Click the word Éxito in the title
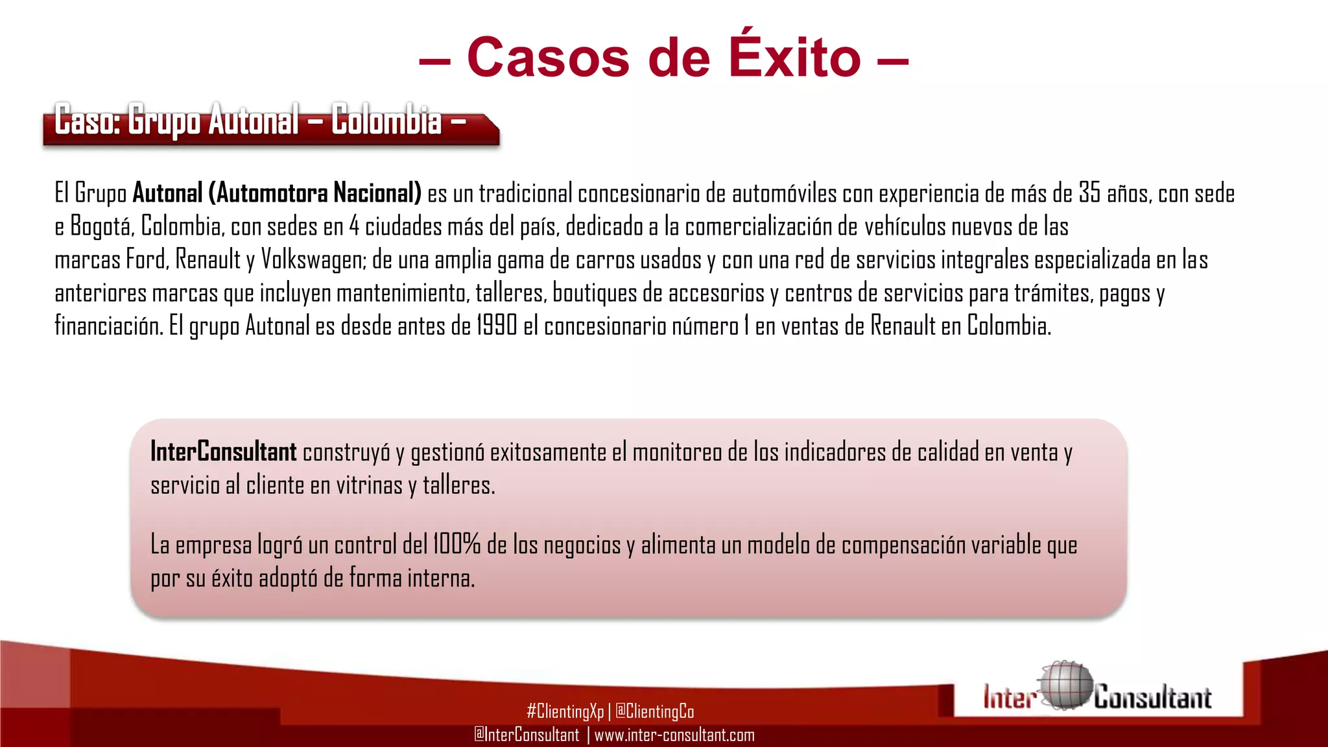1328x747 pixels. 794,57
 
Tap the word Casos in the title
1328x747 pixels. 548,57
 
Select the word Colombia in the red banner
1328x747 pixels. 386,120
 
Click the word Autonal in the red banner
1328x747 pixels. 254,120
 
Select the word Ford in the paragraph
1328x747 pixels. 147,259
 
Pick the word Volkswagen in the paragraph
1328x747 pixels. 314,260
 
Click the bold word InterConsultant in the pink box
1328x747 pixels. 224,452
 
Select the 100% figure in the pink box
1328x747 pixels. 456,544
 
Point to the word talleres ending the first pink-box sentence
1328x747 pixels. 458,485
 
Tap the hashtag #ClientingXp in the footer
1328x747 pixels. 565,711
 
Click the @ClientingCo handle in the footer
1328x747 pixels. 654,711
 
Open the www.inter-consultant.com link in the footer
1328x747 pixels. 674,735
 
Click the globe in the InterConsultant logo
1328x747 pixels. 1065,685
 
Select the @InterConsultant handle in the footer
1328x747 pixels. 527,735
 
